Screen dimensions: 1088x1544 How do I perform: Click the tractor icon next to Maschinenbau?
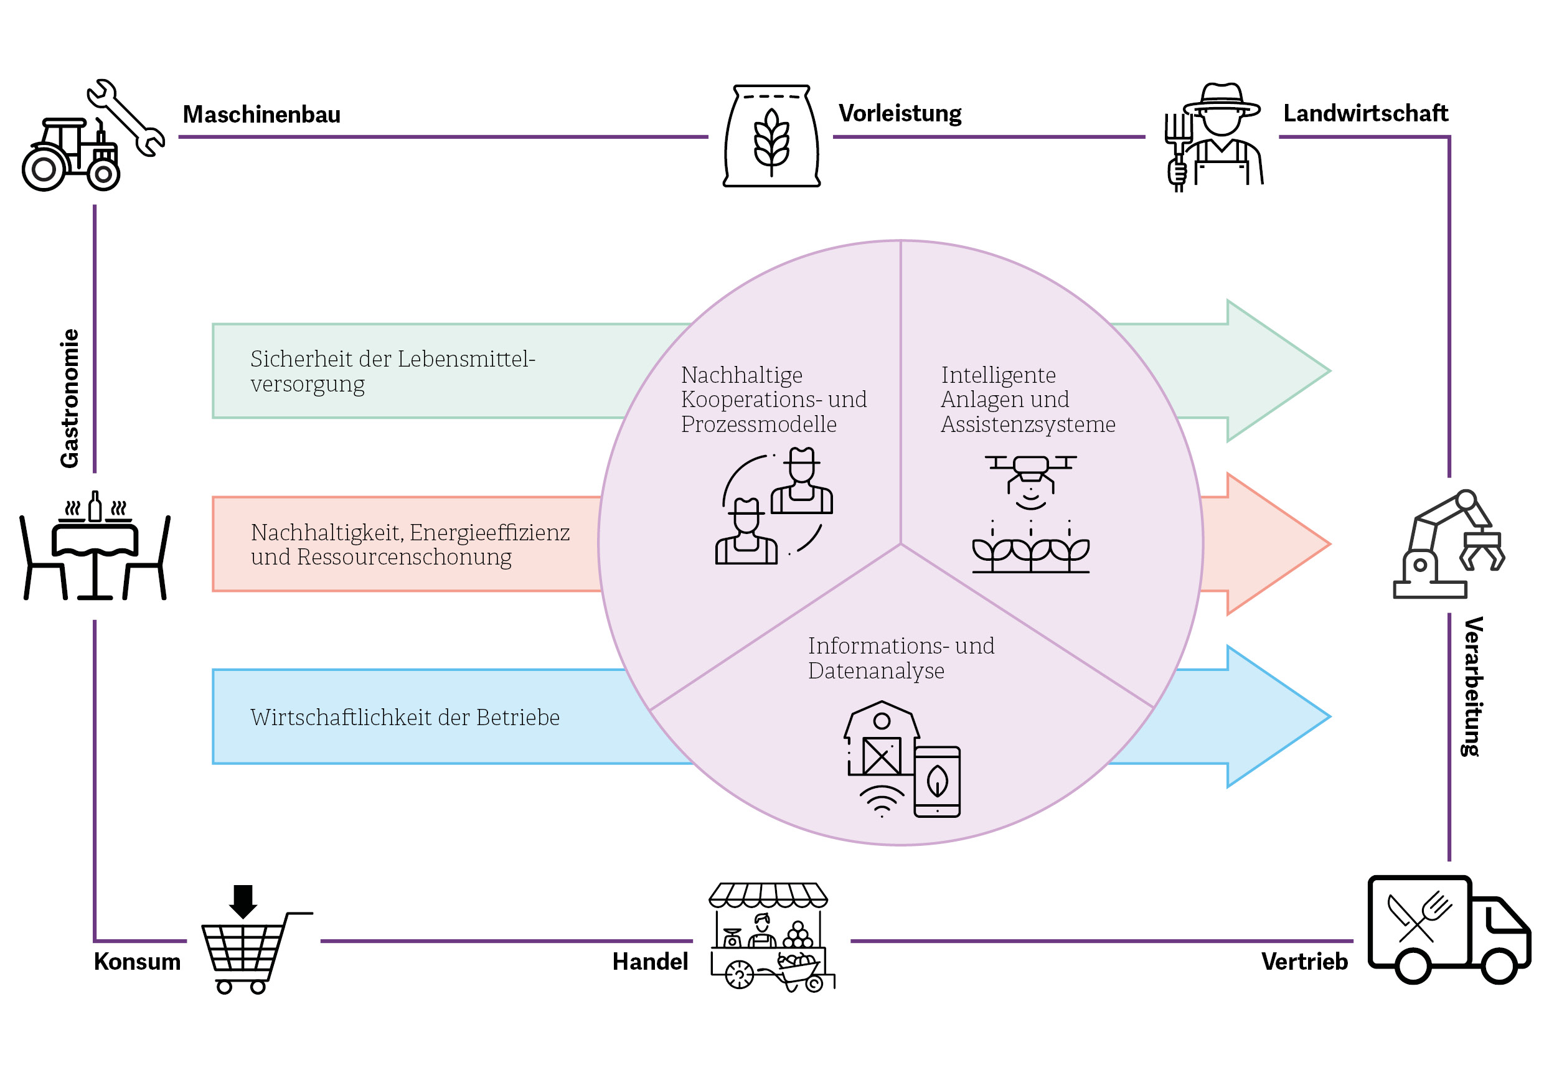[x=70, y=156]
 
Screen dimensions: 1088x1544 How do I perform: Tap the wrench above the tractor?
[x=126, y=117]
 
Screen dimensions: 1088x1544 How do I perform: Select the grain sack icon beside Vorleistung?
[x=771, y=136]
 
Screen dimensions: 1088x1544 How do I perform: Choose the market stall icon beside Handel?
[x=770, y=937]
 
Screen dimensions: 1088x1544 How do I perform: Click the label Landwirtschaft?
[x=1365, y=114]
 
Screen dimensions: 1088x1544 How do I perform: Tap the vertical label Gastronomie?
[x=70, y=398]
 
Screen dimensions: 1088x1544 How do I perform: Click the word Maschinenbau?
[x=261, y=115]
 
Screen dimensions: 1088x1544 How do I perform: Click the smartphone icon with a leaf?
[x=937, y=782]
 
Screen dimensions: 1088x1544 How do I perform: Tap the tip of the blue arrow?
[x=1327, y=717]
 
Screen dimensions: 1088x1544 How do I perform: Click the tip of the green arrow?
[x=1327, y=371]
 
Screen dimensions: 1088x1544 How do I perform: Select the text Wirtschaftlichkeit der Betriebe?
[x=405, y=718]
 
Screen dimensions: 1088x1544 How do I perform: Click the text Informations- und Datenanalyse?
[x=900, y=659]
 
